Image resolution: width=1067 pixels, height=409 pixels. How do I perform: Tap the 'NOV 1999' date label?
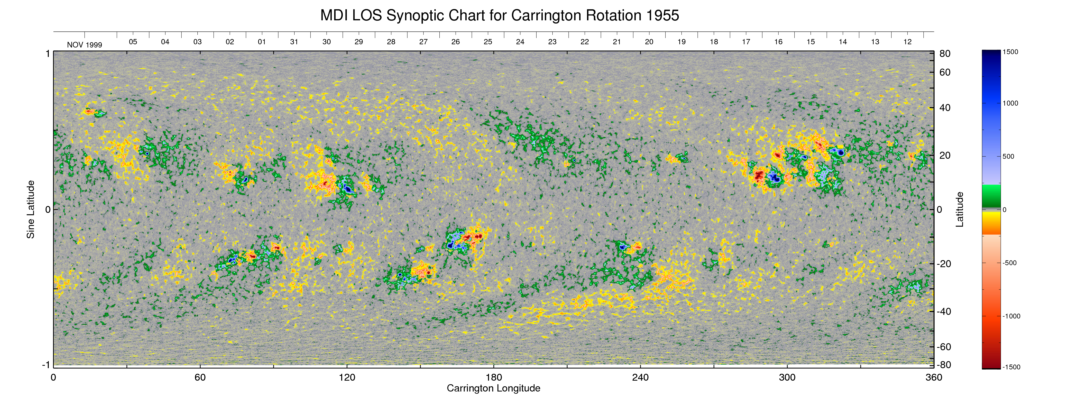click(x=85, y=45)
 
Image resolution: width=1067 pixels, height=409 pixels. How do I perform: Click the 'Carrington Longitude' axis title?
click(x=493, y=388)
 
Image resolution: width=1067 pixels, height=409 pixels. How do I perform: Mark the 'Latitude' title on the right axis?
click(x=959, y=209)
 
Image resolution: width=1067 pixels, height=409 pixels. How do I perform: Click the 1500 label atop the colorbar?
click(x=1010, y=52)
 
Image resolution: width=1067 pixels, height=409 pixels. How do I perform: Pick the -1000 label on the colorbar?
click(x=1011, y=316)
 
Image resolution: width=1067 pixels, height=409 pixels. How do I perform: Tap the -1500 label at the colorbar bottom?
click(x=1011, y=367)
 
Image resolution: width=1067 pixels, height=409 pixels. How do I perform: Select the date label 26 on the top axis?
click(x=456, y=42)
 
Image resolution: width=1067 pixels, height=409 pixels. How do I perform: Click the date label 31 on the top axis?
click(x=294, y=42)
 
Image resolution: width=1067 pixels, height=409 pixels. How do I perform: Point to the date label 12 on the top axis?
click(x=908, y=42)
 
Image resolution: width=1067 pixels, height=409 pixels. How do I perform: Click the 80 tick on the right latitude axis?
click(x=945, y=54)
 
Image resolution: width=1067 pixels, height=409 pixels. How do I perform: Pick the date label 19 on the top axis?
click(x=681, y=42)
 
